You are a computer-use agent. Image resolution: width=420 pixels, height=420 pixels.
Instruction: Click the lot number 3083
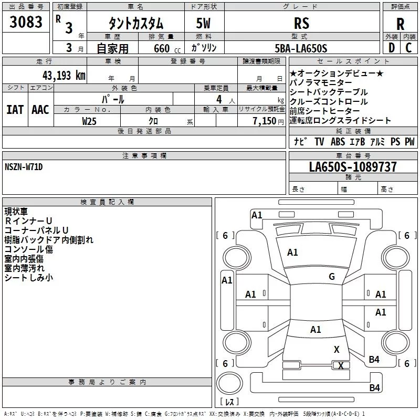[26, 23]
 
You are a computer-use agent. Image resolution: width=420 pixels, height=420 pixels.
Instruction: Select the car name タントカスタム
[136, 24]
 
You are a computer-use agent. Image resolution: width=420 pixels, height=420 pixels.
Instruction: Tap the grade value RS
[301, 24]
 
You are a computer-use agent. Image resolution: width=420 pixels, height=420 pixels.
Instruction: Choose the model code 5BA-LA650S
[301, 48]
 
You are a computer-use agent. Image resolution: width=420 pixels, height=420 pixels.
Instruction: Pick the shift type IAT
[15, 109]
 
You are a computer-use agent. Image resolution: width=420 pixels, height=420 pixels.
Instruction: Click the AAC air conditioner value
[40, 109]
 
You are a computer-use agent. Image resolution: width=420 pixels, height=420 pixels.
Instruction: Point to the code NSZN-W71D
[24, 167]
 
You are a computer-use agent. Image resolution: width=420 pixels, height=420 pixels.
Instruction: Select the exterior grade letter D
[391, 48]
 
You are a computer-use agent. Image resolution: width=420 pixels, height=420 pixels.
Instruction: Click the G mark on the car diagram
[332, 277]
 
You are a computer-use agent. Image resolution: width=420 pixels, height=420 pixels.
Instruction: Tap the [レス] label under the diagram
[229, 402]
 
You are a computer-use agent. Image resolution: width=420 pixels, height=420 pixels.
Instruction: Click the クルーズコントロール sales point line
[329, 102]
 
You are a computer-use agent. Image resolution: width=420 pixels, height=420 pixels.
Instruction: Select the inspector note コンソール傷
[28, 249]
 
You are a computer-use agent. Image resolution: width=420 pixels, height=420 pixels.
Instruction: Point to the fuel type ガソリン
[204, 48]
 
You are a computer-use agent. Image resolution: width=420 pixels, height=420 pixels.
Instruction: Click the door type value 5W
[204, 24]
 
